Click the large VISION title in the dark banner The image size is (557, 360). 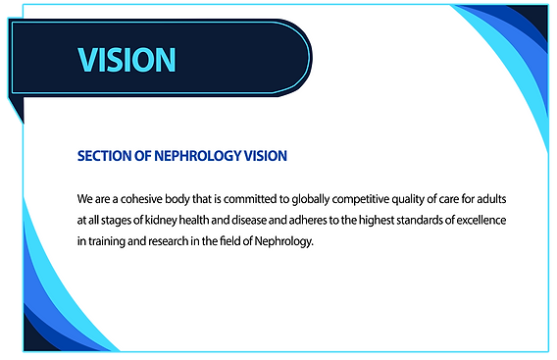pos(127,60)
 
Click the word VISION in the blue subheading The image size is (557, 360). pos(266,156)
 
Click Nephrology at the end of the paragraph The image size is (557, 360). pos(283,241)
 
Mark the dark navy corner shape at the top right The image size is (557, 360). pos(534,19)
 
